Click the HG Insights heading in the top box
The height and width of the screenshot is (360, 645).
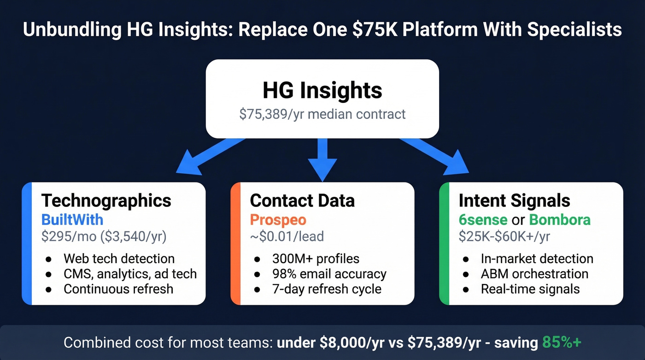322,90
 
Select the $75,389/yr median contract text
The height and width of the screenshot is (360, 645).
322,114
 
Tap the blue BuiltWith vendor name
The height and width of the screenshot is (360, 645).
72,219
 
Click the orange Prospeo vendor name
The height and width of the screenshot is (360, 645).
278,219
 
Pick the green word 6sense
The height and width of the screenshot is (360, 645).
483,219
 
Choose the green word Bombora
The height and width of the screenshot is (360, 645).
559,219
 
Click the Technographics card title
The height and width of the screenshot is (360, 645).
106,201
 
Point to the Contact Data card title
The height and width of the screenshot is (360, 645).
302,201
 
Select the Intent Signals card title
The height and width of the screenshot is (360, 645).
514,201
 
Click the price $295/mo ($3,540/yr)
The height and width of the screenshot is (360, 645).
104,236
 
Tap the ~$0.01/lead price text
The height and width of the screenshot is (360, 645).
287,236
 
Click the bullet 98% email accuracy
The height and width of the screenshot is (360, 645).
329,274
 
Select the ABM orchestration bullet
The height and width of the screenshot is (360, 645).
534,274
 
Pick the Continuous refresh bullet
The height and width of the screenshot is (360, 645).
118,289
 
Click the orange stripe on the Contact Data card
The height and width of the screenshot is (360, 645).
235,243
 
